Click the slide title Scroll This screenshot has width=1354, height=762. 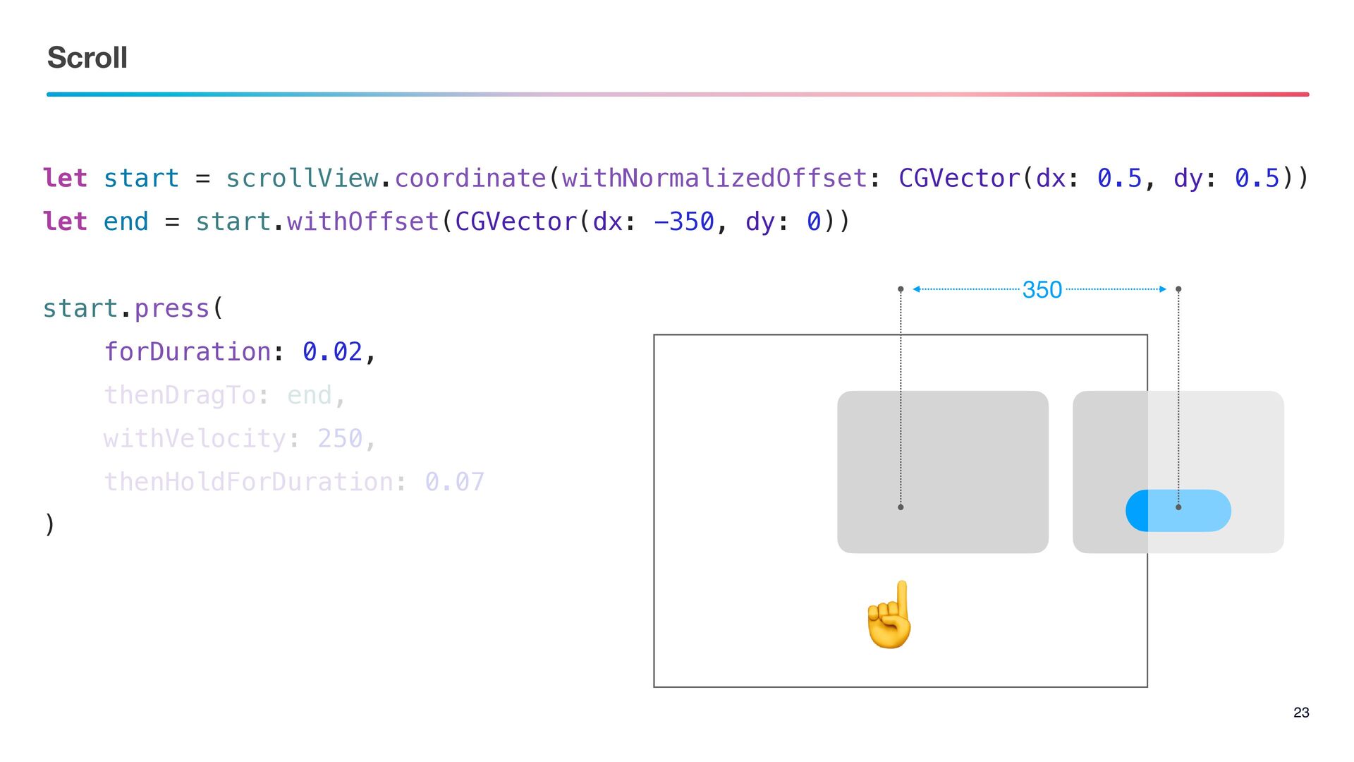coord(87,58)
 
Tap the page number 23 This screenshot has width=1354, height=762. coord(1301,713)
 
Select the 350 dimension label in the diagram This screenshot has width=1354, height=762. coord(1042,289)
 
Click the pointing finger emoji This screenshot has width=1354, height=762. coord(891,615)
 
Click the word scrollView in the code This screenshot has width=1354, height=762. coord(302,179)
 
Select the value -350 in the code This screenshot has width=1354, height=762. coord(684,222)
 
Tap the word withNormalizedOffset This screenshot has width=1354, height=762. coord(714,179)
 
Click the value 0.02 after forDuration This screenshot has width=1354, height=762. coord(332,351)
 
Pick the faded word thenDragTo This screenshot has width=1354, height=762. coord(180,395)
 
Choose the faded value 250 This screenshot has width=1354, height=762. coord(340,438)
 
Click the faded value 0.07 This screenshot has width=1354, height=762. coord(454,482)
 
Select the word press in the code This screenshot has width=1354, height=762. coord(172,308)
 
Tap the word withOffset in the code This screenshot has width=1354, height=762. coord(363,222)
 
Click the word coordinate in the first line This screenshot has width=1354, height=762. coord(470,179)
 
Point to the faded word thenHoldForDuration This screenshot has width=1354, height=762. coord(248,482)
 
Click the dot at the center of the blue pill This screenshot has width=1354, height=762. coord(1178,507)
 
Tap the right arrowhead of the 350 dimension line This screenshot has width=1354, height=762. coord(1162,289)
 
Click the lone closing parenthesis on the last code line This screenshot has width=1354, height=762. coord(49,524)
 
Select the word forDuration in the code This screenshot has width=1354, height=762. coord(188,351)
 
